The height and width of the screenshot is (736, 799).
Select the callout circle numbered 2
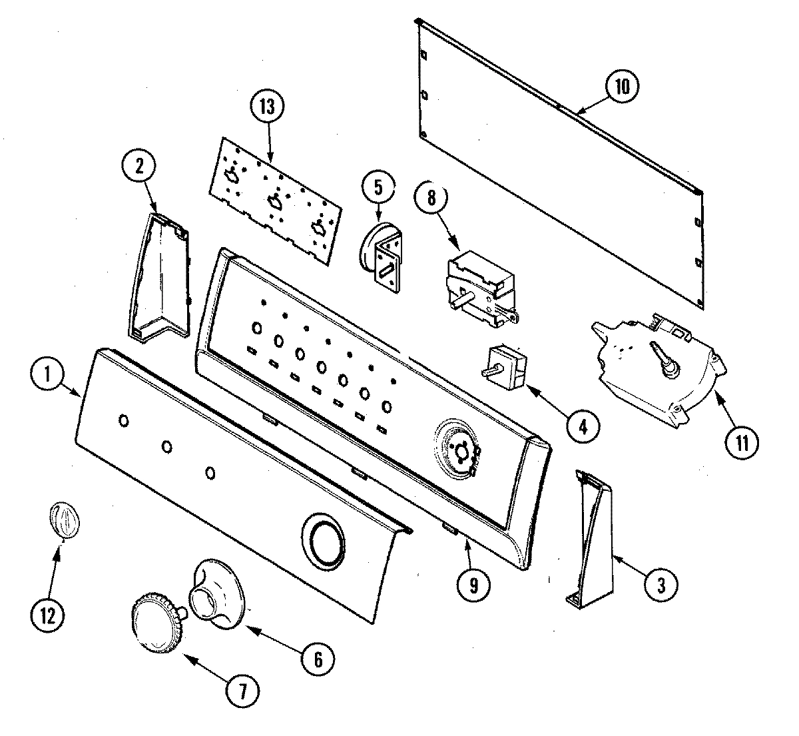click(x=138, y=167)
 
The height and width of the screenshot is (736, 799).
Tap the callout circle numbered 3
click(x=660, y=584)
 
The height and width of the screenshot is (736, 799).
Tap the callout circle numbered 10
click(x=621, y=87)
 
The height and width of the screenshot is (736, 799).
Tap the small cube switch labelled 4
click(x=507, y=366)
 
